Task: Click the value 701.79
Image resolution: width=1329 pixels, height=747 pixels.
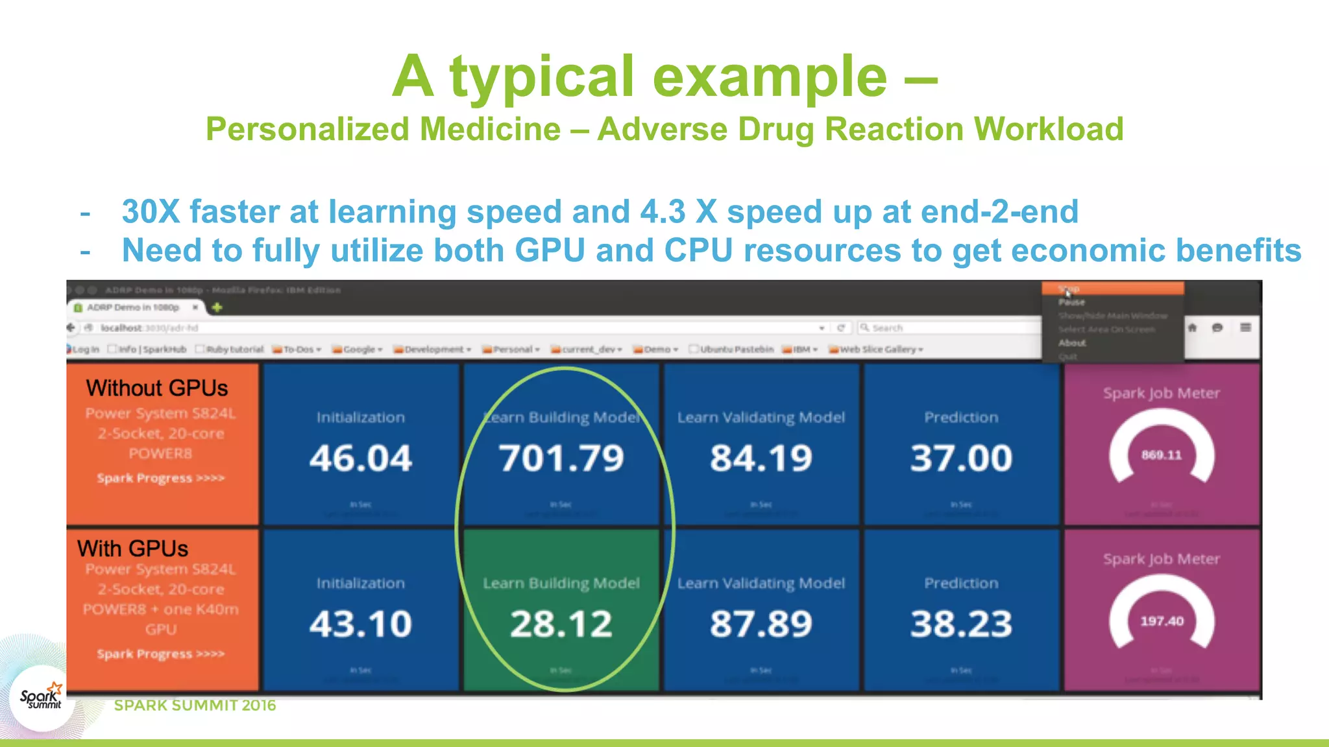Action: pos(561,458)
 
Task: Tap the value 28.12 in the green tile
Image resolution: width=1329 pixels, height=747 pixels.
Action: pos(561,624)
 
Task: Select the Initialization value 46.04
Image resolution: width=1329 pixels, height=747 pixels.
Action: pos(361,458)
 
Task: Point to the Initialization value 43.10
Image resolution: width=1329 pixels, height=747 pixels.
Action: pos(361,624)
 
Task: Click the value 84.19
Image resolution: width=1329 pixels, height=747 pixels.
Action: pos(761,458)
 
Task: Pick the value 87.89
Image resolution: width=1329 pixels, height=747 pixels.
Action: pos(761,624)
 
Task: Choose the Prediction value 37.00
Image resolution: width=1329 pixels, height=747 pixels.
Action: pos(961,458)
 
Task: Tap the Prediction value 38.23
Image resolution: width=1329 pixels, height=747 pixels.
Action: pos(961,624)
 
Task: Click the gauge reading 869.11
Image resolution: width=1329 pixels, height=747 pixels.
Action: pos(1162,455)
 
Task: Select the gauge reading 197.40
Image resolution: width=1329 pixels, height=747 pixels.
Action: pos(1162,621)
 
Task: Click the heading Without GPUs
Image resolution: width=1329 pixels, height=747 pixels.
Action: pos(157,388)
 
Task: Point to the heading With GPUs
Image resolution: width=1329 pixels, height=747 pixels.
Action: pos(133,549)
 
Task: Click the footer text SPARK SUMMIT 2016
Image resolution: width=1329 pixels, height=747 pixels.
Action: pos(195,705)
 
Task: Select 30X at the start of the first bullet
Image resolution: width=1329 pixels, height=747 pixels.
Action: pos(151,212)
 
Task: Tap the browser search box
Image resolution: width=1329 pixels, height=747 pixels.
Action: pos(947,328)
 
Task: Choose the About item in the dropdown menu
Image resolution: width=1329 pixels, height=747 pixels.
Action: pos(1072,343)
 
